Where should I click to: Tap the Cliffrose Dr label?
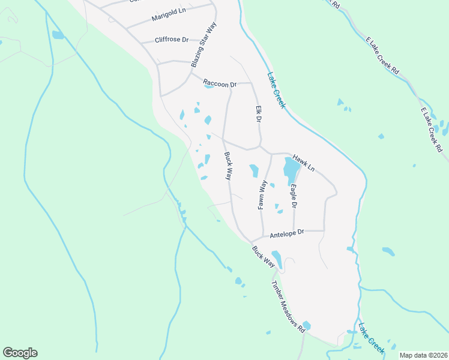point(172,40)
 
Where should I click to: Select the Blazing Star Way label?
point(203,45)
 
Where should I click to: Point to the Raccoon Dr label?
point(220,83)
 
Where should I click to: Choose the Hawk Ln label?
point(303,161)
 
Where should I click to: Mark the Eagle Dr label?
point(294,196)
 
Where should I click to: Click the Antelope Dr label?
point(288,233)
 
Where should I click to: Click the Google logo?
point(20,353)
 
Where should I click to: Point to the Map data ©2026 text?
point(423,355)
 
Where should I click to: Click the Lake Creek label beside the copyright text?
point(372,337)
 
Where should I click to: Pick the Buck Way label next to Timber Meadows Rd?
point(263,256)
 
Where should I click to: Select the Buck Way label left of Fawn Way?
point(228,166)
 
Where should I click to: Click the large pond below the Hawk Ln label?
point(290,170)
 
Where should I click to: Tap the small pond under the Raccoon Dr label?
point(208,86)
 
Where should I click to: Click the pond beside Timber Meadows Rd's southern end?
point(307,325)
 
